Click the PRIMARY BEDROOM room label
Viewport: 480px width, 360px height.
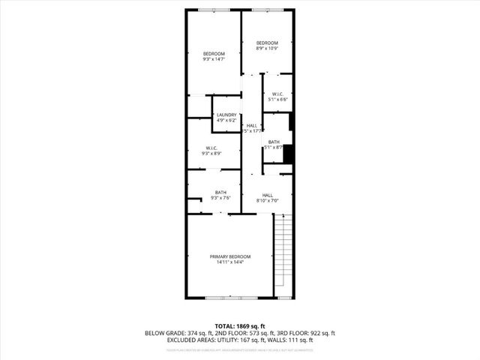(x=229, y=256)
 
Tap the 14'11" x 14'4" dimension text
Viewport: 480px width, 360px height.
(x=229, y=262)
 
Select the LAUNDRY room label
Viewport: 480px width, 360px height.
(x=226, y=115)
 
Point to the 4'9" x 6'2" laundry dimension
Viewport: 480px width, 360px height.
(x=226, y=120)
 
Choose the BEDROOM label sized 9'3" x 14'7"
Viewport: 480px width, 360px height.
(x=214, y=54)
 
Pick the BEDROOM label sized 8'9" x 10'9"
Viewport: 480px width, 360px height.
(x=267, y=43)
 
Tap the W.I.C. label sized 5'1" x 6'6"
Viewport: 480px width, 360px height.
(x=277, y=94)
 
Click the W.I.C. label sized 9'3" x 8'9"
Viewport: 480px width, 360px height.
(x=210, y=148)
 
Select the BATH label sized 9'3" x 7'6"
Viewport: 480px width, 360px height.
(x=220, y=192)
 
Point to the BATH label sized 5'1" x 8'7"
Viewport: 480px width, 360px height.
(x=274, y=142)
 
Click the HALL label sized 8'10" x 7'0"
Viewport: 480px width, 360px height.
(x=267, y=195)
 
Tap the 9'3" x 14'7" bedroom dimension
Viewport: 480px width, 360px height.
(x=214, y=59)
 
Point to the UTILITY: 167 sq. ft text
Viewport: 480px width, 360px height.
(x=247, y=340)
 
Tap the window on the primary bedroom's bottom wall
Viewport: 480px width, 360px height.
(x=229, y=298)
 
